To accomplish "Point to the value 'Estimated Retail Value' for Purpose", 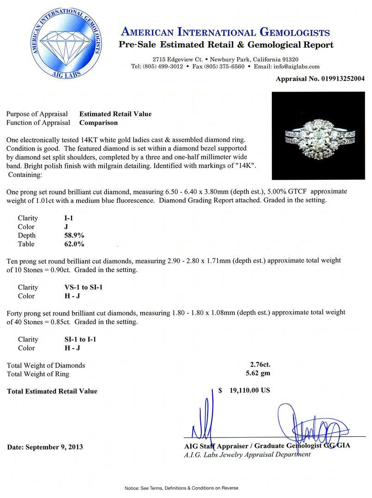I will click(x=115, y=114).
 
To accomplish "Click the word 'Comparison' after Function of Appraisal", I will click(x=98, y=123).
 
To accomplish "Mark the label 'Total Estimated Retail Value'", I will click(x=52, y=391).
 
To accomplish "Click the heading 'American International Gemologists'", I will click(x=225, y=32).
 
